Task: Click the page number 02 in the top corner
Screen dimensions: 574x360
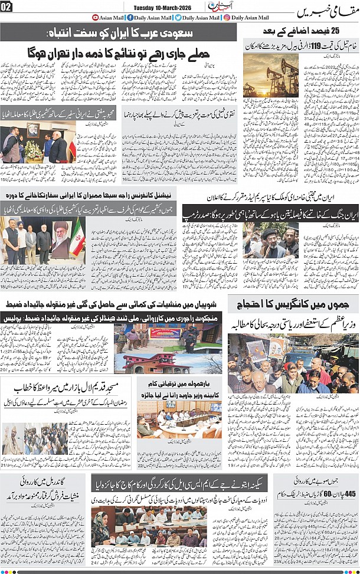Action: point(6,7)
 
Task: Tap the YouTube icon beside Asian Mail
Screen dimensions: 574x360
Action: point(96,18)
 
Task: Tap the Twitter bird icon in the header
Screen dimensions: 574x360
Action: point(178,18)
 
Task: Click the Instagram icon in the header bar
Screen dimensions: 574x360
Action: point(227,18)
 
